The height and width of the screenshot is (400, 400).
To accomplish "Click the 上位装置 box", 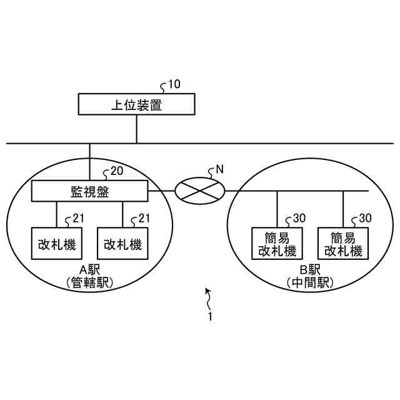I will [136, 104].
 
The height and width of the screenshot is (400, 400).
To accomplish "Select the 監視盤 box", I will [89, 191].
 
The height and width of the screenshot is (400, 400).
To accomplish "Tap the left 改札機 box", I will [56, 244].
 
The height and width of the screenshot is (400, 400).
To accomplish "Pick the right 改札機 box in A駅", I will [122, 244].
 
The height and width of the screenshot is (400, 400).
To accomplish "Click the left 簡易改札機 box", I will [276, 244].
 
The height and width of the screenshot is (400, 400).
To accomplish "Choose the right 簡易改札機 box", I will [343, 244].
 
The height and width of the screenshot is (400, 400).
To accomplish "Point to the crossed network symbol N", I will [199, 190].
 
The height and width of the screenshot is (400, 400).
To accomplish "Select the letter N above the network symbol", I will [219, 168].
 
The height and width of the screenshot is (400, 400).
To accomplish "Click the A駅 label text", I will [89, 271].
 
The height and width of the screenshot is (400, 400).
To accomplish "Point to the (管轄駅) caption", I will [89, 283].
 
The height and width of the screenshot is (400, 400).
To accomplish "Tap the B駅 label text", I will [310, 271].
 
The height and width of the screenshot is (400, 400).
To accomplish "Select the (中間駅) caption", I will [310, 283].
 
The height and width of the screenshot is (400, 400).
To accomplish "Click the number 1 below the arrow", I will [211, 317].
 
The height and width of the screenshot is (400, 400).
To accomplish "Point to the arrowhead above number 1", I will [208, 291].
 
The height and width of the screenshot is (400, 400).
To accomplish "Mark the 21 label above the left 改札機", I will [78, 218].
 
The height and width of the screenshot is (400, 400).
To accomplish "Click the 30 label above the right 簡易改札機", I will [365, 218].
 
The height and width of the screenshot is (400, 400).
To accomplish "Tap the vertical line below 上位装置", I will [136, 129].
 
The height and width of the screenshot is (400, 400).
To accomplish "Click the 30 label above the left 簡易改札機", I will [299, 218].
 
